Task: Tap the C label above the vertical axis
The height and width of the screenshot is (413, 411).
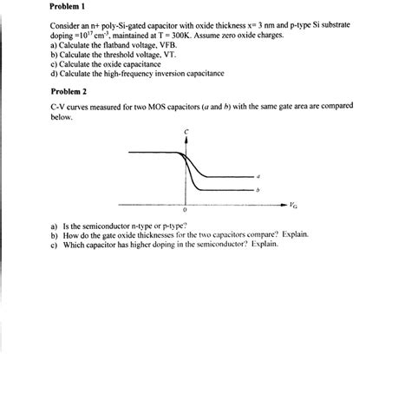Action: (x=185, y=132)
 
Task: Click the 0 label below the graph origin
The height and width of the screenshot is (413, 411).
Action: (x=185, y=211)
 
